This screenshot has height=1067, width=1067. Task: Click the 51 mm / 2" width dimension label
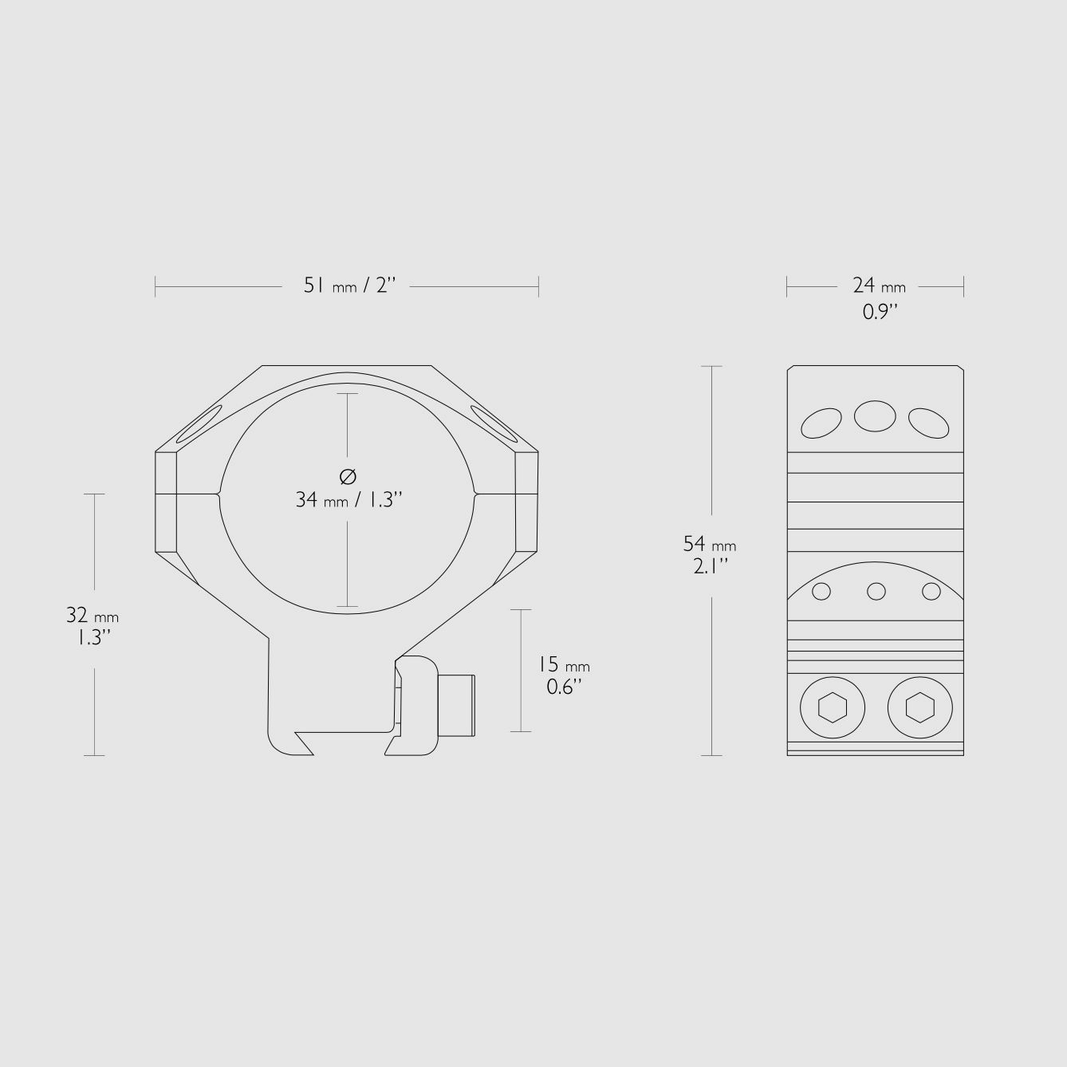pyautogui.click(x=349, y=285)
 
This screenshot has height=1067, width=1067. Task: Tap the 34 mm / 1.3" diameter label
pyautogui.click(x=348, y=500)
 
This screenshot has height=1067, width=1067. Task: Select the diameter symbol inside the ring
pyautogui.click(x=348, y=477)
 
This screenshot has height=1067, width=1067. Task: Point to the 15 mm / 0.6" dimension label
pyautogui.click(x=563, y=675)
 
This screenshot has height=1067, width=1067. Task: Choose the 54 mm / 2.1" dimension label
pyautogui.click(x=710, y=554)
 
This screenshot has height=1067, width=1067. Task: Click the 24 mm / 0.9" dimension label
pyautogui.click(x=879, y=297)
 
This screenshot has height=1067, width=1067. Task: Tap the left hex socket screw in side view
pyautogui.click(x=832, y=707)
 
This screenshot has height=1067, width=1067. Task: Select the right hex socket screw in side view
pyautogui.click(x=919, y=707)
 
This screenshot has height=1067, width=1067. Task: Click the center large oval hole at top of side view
pyautogui.click(x=875, y=416)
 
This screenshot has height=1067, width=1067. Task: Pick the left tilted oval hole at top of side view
pyautogui.click(x=821, y=423)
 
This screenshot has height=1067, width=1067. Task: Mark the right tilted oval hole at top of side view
pyautogui.click(x=928, y=423)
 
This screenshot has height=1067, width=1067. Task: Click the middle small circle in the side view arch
pyautogui.click(x=876, y=591)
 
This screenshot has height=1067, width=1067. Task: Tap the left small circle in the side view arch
pyautogui.click(x=821, y=591)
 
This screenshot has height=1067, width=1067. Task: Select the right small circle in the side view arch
pyautogui.click(x=931, y=591)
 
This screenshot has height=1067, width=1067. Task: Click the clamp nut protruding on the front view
pyautogui.click(x=458, y=705)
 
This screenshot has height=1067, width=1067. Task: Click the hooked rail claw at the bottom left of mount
pyautogui.click(x=291, y=742)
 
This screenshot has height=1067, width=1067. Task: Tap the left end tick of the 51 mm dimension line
pyautogui.click(x=156, y=286)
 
